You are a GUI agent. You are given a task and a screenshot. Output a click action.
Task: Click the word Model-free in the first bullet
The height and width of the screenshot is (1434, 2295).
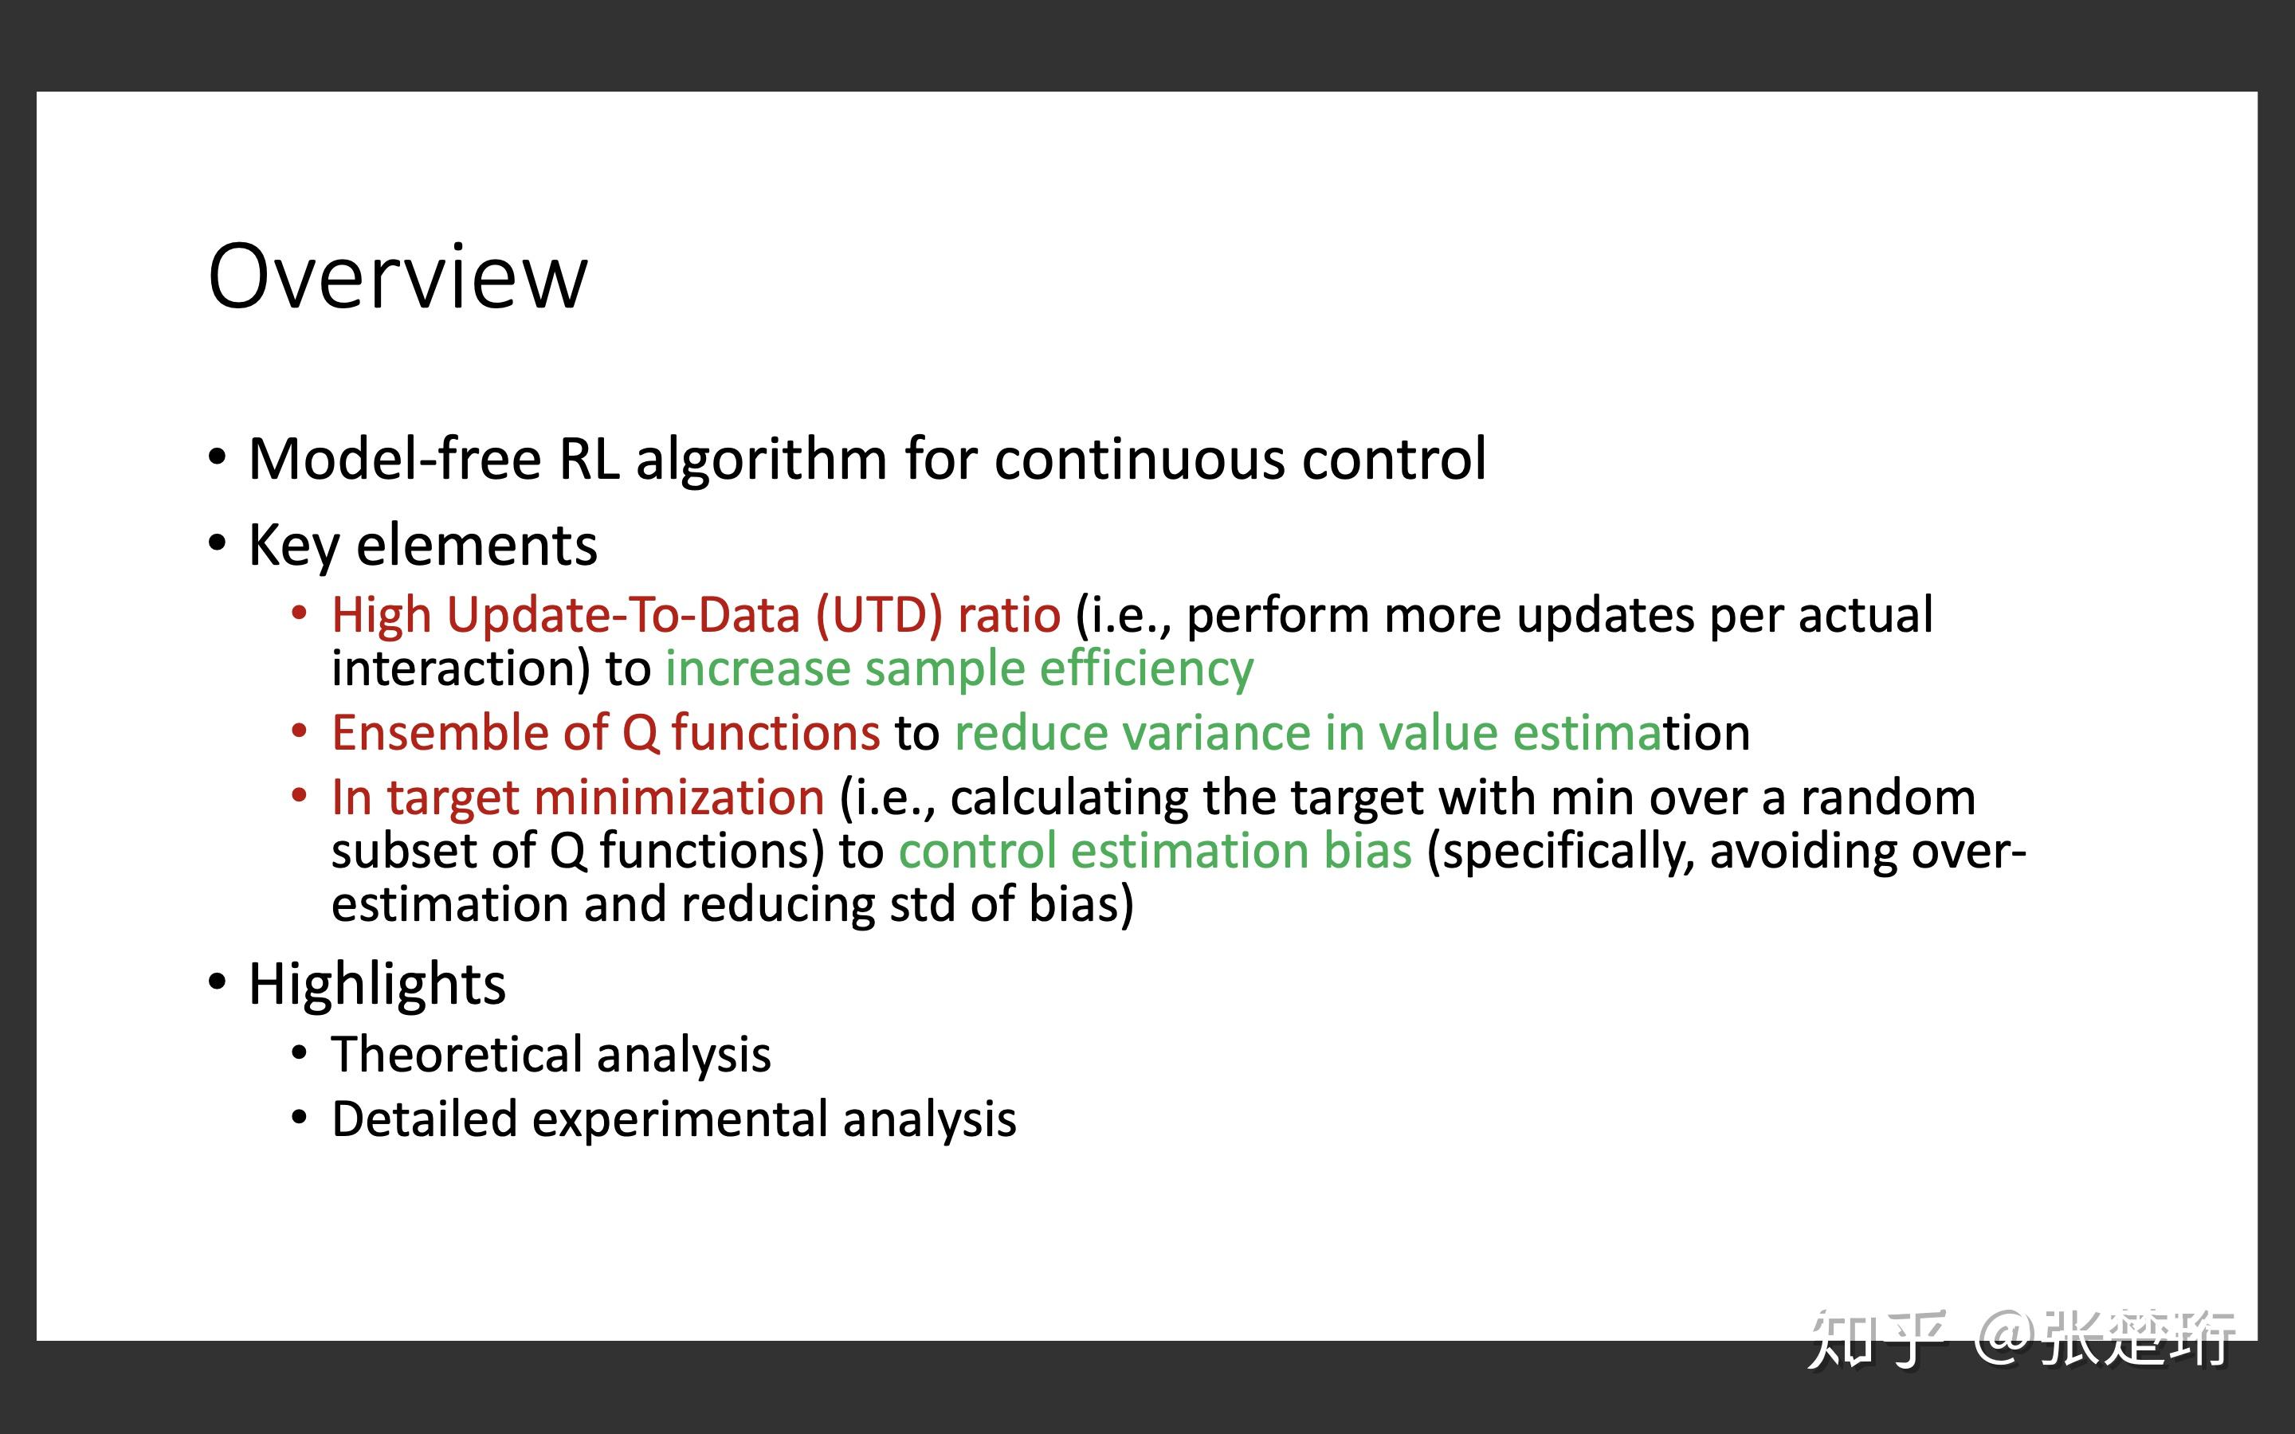(395, 459)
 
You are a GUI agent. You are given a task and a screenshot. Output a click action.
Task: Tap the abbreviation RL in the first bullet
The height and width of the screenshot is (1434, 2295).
(589, 459)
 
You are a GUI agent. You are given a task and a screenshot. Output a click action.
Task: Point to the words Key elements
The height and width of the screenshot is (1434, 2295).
(423, 547)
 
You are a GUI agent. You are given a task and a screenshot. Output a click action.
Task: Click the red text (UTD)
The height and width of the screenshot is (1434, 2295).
(879, 616)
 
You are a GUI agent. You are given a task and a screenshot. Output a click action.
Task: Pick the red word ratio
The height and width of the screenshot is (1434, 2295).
(1009, 616)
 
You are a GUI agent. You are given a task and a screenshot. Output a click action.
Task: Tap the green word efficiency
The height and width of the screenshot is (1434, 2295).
(1147, 669)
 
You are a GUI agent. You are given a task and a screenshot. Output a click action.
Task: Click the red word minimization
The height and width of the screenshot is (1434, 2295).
(679, 797)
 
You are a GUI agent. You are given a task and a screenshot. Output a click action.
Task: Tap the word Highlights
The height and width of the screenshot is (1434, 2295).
(378, 985)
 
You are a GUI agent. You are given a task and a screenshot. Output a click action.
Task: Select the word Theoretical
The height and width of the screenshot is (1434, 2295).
(457, 1055)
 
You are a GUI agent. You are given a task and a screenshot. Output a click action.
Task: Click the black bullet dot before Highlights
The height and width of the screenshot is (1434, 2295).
(218, 982)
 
